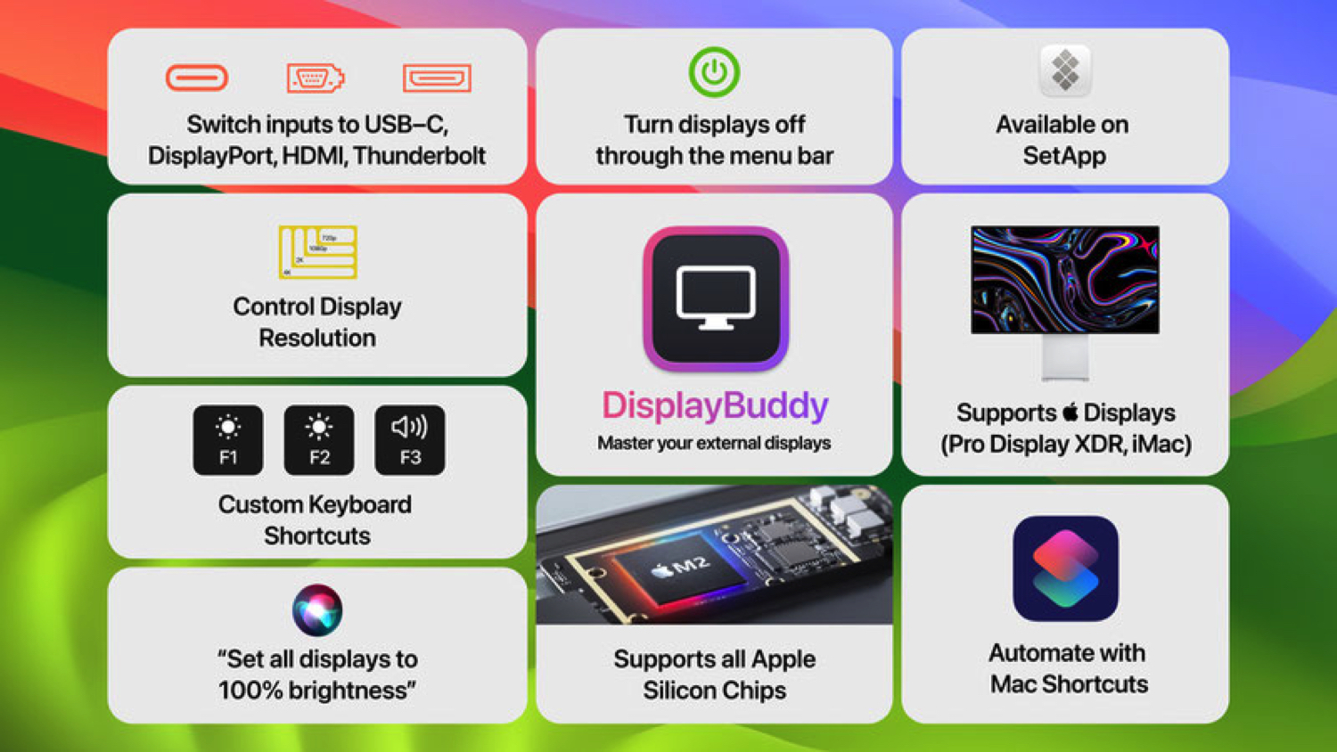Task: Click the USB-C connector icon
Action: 197,78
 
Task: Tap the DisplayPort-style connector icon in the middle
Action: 315,78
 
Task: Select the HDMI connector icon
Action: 437,78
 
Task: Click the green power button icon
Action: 714,72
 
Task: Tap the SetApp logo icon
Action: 1065,69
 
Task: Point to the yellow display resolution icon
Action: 318,252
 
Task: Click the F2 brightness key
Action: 319,440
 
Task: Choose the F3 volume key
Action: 410,440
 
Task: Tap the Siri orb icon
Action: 317,610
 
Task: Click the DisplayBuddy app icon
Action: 716,298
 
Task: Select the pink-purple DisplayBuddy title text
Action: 715,405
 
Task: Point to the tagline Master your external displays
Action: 714,443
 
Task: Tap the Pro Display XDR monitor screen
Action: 1065,280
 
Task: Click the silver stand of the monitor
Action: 1065,357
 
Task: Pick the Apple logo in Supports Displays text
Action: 1070,412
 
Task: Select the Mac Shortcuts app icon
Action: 1065,568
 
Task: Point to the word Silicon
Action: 680,691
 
